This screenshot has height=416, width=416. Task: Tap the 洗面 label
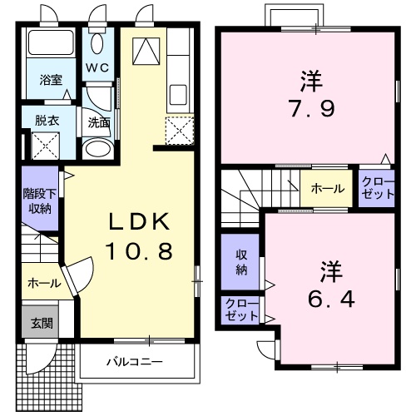tap(99, 122)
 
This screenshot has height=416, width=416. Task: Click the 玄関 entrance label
tap(41, 323)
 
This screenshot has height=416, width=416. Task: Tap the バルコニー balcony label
tap(133, 362)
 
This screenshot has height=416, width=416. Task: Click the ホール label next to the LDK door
tap(44, 283)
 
